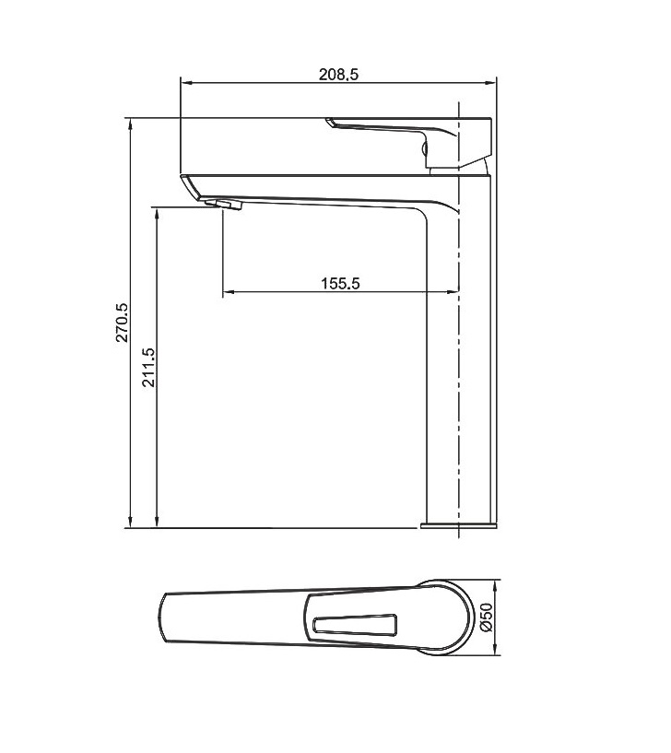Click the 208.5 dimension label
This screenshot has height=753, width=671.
[x=338, y=75]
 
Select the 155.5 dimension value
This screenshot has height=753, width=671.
[x=340, y=283]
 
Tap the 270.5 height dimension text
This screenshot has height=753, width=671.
[x=122, y=322]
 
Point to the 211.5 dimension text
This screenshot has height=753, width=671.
[x=149, y=368]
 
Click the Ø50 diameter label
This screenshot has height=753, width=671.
[x=487, y=618]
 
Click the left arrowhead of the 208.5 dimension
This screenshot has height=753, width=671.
[x=185, y=84]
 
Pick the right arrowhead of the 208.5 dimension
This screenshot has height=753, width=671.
[x=491, y=84]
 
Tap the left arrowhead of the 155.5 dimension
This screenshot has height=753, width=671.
[x=229, y=291]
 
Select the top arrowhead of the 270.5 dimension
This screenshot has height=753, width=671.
[x=130, y=124]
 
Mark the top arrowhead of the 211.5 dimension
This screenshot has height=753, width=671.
[x=157, y=214]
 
